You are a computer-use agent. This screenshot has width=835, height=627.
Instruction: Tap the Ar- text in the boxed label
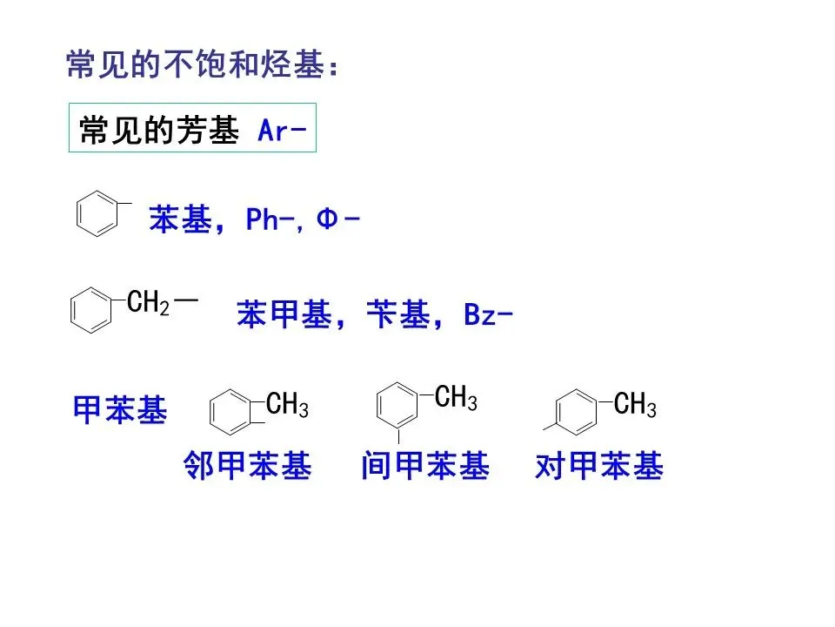[282, 131]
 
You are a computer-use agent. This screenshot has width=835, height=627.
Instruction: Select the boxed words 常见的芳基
[158, 131]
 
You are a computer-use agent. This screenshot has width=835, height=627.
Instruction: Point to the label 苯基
[181, 219]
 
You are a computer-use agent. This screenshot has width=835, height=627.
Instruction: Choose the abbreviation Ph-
[272, 219]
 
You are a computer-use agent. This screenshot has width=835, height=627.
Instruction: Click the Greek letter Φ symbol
[326, 219]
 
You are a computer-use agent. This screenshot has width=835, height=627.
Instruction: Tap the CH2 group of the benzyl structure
[148, 303]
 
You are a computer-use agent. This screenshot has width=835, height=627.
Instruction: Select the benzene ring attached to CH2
[90, 311]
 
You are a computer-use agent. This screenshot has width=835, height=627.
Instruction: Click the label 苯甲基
[284, 315]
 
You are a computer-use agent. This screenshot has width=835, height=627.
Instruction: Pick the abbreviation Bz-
[487, 315]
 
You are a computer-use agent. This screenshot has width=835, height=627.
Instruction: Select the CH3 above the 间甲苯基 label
[456, 398]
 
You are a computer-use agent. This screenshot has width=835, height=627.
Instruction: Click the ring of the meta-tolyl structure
[398, 402]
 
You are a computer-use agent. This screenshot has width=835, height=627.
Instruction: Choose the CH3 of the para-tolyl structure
[635, 405]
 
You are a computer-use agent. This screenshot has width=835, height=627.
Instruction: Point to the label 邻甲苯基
[248, 468]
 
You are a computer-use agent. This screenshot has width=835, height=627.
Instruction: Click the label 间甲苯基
[425, 468]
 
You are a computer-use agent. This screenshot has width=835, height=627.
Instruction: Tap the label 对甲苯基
[599, 468]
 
